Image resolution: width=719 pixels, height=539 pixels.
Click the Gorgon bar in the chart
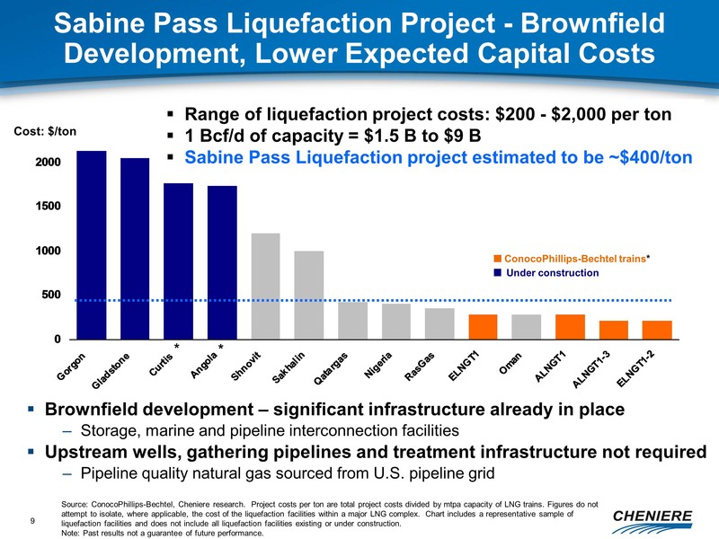coord(91,244)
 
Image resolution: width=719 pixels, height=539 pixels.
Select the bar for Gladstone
coord(135,248)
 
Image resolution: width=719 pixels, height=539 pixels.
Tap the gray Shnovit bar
coord(265,286)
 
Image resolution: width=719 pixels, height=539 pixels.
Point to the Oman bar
coord(527,326)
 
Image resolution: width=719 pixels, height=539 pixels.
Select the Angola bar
coord(222,261)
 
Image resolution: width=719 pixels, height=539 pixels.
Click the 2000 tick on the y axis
coord(48,163)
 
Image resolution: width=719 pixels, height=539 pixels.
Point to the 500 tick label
coord(52,295)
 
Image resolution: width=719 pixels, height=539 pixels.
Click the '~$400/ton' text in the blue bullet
coord(652,155)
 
